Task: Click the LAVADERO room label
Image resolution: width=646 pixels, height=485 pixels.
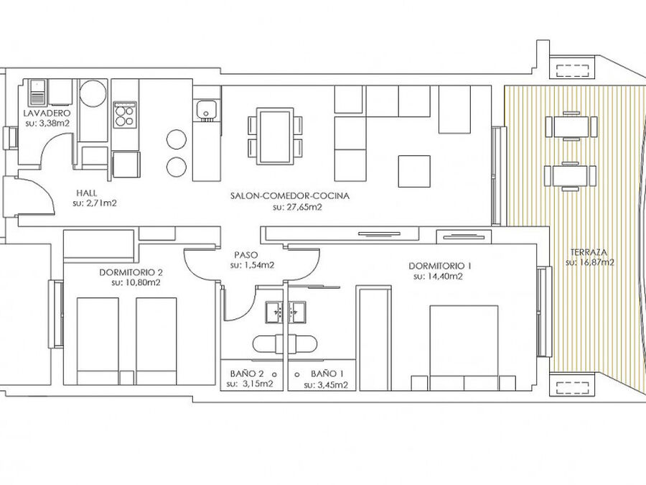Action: pos(47,113)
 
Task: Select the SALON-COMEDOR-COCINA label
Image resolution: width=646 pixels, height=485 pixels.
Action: pos(290,196)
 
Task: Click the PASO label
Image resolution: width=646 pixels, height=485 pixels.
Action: pos(246,255)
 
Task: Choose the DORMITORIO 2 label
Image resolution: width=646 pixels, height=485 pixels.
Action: pos(131,272)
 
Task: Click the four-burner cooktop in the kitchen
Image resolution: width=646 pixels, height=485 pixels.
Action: pos(125,115)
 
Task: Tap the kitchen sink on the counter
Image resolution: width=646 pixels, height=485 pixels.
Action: pos(205,110)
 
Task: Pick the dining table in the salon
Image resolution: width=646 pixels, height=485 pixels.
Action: pos(275,136)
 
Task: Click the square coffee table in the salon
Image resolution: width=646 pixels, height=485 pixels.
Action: pos(414,171)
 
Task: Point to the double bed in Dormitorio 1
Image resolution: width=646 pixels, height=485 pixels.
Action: pos(464,347)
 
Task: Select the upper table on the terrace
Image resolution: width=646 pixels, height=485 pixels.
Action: pos(571,126)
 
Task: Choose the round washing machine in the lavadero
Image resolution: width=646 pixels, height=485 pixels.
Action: pos(93,93)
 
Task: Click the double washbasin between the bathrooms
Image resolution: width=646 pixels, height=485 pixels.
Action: pos(285,312)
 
